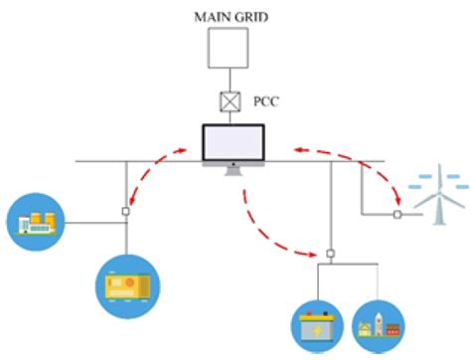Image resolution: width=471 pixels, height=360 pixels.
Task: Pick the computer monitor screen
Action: (x=235, y=144)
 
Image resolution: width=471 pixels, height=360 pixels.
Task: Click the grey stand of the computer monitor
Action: (x=235, y=170)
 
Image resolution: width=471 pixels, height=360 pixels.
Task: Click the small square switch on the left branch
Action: (x=126, y=211)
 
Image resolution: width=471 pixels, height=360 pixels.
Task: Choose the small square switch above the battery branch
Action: (x=330, y=253)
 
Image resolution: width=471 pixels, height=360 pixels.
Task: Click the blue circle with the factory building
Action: (x=34, y=222)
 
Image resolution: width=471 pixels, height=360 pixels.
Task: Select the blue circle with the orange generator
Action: (x=126, y=288)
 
